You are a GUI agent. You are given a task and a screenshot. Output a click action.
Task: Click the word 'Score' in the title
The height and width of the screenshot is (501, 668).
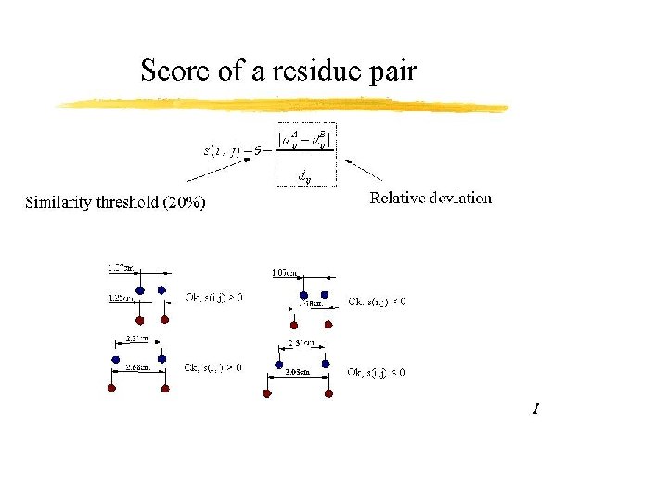[x=172, y=71]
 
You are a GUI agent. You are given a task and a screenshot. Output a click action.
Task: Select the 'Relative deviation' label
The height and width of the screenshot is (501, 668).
[x=430, y=198]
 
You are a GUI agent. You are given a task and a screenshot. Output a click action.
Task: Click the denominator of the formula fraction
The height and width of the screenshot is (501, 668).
[x=304, y=173]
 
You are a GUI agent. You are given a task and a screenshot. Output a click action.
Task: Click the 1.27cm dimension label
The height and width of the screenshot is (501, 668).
[x=122, y=269]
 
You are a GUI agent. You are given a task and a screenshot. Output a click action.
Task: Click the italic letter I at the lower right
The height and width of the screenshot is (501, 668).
[x=535, y=408]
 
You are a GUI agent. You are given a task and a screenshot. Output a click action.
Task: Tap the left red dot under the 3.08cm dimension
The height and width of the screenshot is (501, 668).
[x=268, y=393]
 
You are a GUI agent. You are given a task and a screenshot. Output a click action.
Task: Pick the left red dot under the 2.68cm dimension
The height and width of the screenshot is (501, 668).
[x=111, y=389]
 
